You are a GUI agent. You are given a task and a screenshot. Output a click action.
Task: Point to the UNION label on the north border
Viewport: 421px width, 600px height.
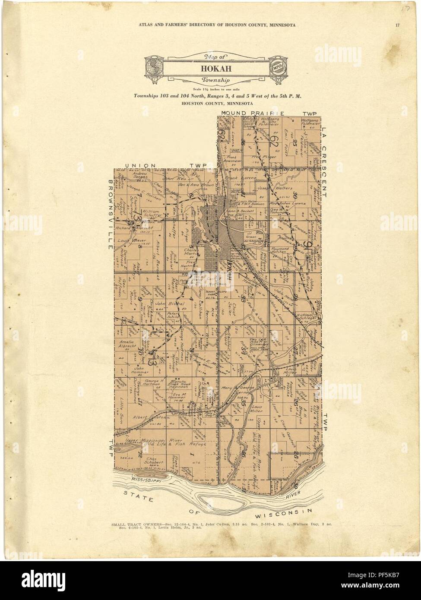pyautogui.click(x=138, y=165)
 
